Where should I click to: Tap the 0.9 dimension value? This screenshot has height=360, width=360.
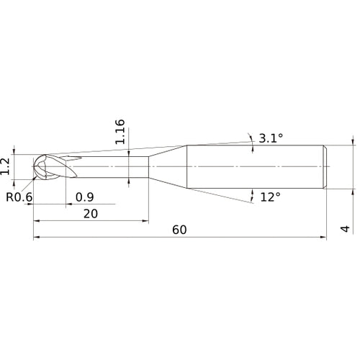(84, 197)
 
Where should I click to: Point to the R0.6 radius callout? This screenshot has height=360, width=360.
(19, 197)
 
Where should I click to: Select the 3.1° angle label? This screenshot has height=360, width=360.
(270, 139)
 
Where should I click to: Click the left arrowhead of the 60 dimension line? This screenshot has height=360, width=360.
(36, 237)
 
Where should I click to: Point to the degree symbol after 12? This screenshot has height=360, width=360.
(278, 193)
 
